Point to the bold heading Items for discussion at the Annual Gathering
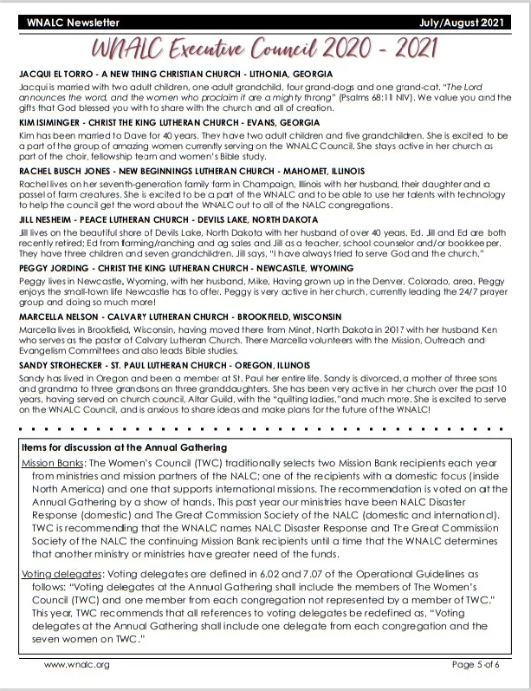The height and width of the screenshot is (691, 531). (x=123, y=447)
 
